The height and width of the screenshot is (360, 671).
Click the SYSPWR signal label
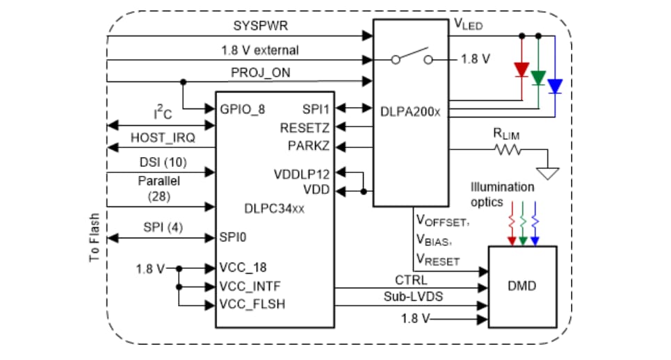[256, 26]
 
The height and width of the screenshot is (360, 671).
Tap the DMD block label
[522, 286]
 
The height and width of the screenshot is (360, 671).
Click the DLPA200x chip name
[410, 111]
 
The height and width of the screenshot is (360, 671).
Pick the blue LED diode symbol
[555, 86]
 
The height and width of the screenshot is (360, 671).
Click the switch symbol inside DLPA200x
[410, 59]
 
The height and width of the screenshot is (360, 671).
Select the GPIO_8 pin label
[242, 110]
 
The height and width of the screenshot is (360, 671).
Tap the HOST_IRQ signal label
[163, 138]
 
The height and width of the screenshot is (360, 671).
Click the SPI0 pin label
[233, 237]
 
